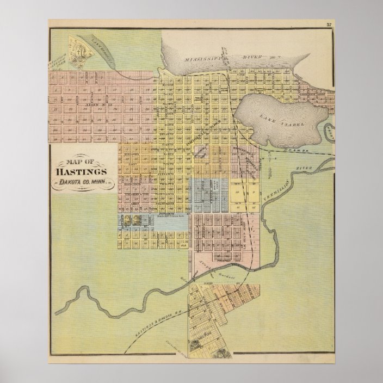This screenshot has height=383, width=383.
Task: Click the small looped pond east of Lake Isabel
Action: pyautogui.click(x=328, y=131)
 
